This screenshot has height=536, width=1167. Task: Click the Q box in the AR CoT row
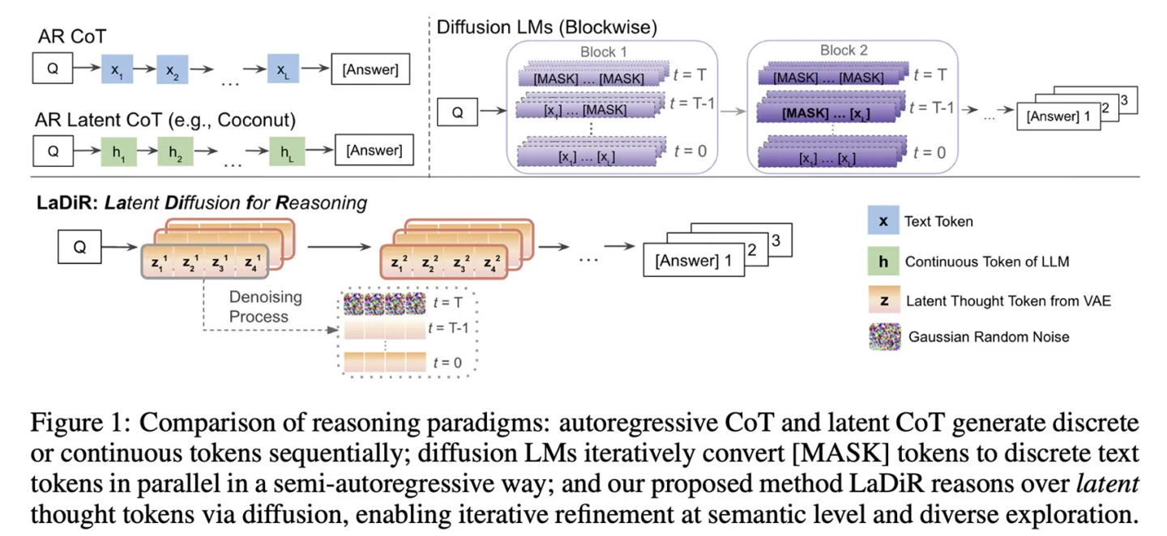[x=53, y=69]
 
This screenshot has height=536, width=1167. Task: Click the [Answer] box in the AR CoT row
[x=370, y=70]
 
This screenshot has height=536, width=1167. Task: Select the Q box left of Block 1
[x=458, y=113]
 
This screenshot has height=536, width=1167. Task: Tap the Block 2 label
[x=844, y=50]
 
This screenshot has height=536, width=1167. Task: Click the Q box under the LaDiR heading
[x=79, y=248]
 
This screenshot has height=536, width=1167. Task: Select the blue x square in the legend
[x=883, y=221]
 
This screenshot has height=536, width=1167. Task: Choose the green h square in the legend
[x=883, y=261]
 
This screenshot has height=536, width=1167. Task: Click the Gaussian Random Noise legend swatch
[x=884, y=336]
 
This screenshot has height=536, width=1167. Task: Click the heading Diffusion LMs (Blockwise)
[x=547, y=26]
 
